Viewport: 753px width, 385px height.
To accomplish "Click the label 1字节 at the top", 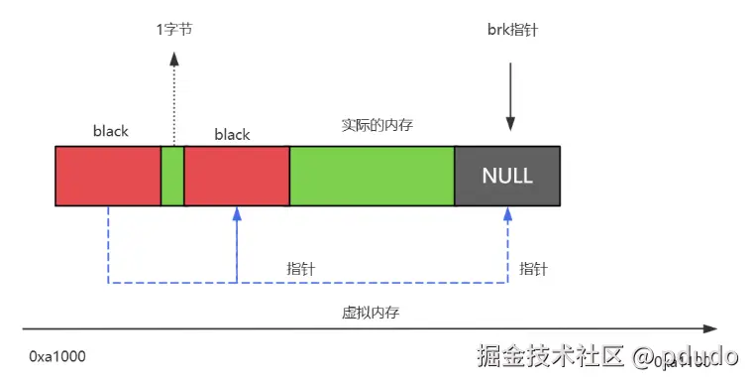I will pos(174,30).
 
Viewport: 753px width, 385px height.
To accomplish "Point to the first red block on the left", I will pos(108,177).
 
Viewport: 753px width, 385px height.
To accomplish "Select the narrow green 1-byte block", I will pos(173,177).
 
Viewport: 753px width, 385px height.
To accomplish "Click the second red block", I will pos(237,177).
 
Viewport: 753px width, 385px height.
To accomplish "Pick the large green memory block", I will pos(372,177).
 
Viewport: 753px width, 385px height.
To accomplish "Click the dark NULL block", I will pos(507,177).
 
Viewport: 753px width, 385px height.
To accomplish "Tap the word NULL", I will pos(507,177).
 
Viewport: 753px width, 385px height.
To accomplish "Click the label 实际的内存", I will pos(371,125).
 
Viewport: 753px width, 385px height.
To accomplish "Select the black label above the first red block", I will pos(110,131).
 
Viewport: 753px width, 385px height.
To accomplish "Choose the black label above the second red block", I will pos(232,134).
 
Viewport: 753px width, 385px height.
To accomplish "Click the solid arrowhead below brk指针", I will pos(510,124).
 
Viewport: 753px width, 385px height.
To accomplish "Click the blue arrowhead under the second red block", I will pos(237,213).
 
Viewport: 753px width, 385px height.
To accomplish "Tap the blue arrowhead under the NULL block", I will pos(507,213).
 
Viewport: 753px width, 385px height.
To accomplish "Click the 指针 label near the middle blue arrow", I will pos(301,269).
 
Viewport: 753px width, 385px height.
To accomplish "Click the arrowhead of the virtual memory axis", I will pos(709,328).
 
